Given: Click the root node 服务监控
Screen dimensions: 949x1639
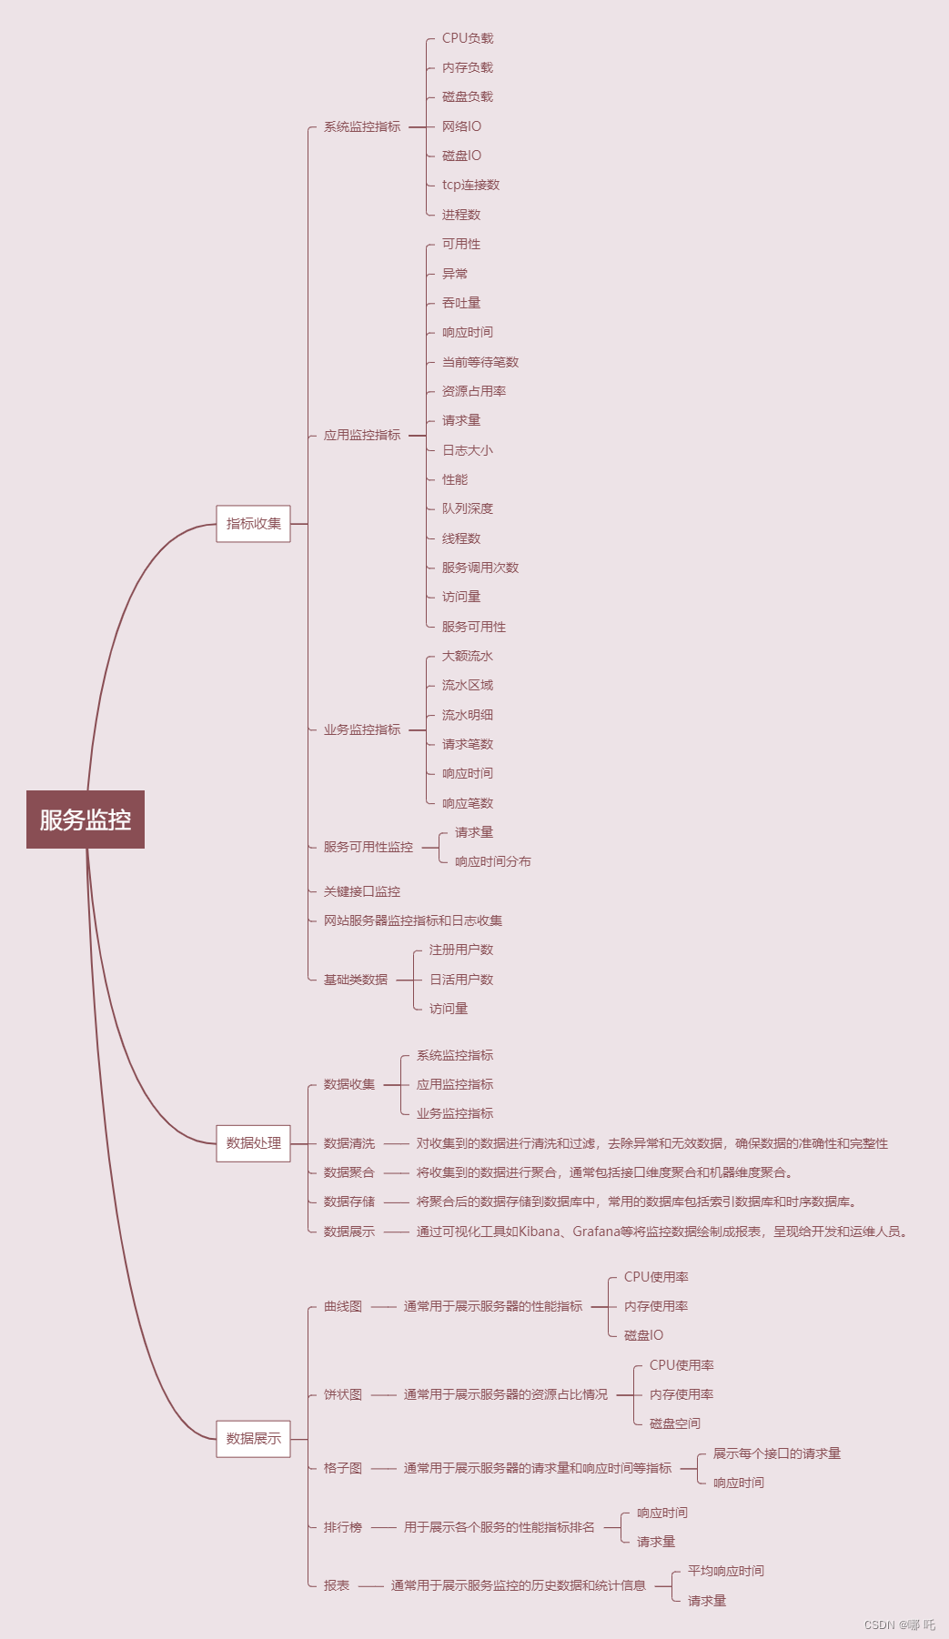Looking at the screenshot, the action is coord(86,819).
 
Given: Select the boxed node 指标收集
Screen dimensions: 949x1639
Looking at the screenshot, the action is coord(253,524).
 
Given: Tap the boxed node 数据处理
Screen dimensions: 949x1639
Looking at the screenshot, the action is coord(253,1143).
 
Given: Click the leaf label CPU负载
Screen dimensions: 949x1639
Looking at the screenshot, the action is coord(468,38).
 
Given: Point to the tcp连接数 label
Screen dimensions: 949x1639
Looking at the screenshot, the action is coord(470,185).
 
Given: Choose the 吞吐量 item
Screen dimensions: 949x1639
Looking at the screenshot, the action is coord(461,303).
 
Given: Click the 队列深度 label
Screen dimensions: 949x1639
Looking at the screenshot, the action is coord(468,508).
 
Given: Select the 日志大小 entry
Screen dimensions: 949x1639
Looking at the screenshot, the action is coord(468,450).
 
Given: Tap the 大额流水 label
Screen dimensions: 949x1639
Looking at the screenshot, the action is coord(468,656).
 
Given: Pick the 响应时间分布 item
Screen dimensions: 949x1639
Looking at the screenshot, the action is coord(493,861).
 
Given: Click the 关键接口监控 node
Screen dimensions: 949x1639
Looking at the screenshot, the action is coord(362,891).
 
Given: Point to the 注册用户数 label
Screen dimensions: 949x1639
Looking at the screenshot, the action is coord(461,950).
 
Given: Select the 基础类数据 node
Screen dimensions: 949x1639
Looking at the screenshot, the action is coord(356,980).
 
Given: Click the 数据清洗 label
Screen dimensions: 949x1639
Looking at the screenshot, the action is coord(349,1143).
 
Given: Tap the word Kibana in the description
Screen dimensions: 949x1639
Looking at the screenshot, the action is coord(540,1232).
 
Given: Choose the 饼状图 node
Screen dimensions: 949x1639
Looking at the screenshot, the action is coord(343,1394).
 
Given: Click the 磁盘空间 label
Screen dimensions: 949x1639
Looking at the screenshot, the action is coord(675,1423).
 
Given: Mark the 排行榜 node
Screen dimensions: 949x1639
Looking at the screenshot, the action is coord(343,1527).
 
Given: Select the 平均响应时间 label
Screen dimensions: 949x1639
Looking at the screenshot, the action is coord(726,1571).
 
